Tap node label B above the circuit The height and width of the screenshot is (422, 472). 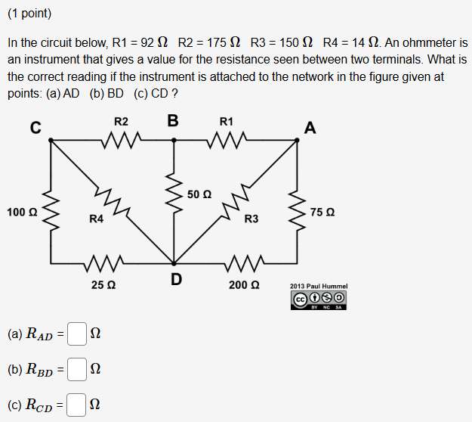click(x=173, y=120)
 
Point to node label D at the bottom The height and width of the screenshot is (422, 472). click(x=175, y=280)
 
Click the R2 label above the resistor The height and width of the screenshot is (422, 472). click(x=121, y=121)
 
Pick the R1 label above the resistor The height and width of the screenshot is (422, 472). click(x=227, y=121)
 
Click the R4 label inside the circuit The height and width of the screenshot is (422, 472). click(x=96, y=219)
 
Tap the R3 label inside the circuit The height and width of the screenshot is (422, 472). click(x=251, y=219)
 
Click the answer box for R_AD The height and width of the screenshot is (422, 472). click(x=76, y=334)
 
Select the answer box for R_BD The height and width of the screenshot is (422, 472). click(x=76, y=370)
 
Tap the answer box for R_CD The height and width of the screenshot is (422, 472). click(x=76, y=406)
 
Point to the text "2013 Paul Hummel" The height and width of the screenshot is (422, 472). click(x=319, y=287)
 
